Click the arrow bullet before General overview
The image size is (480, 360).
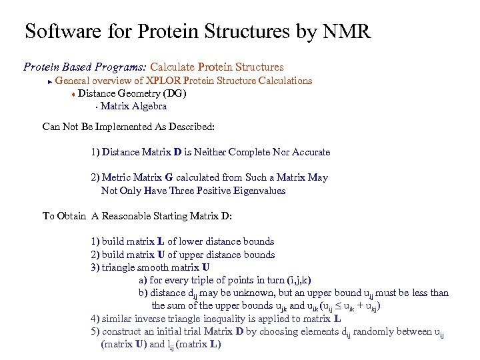click(x=49, y=81)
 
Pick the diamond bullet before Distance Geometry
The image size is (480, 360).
click(x=73, y=94)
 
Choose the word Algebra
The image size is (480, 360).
click(x=149, y=106)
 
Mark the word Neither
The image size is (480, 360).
click(x=209, y=152)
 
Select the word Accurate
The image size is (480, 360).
click(x=308, y=152)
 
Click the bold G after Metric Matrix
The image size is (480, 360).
click(x=169, y=178)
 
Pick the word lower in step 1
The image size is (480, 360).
click(x=193, y=241)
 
